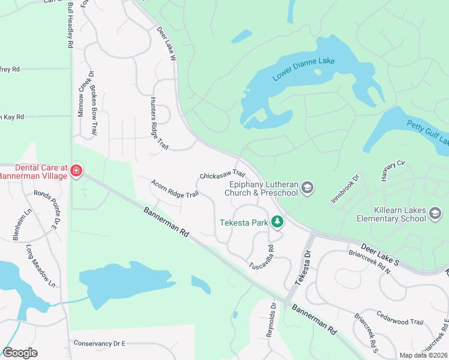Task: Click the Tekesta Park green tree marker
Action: pyautogui.click(x=277, y=222)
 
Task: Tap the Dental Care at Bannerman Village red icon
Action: pyautogui.click(x=76, y=171)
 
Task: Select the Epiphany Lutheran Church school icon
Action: pyautogui.click(x=308, y=188)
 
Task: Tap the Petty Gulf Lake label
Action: pyautogui.click(x=427, y=133)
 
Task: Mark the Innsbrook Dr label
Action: pyautogui.click(x=345, y=188)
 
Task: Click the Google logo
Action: pyautogui.click(x=20, y=353)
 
